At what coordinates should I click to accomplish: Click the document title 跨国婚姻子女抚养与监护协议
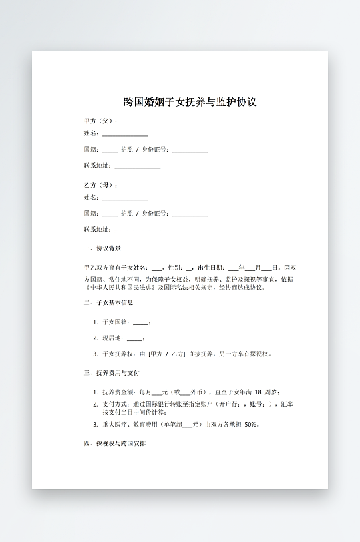coord(190,103)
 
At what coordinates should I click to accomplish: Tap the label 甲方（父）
coord(100,121)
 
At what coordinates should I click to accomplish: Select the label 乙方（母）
coord(100,185)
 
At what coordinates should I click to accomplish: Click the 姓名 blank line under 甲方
coord(125,135)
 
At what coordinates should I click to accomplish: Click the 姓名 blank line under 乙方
coord(125,199)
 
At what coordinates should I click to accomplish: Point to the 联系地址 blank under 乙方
coord(138,230)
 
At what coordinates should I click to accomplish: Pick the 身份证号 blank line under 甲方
coord(190,151)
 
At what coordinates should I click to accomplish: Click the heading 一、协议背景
coord(102,248)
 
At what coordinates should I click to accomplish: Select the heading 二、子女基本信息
coord(108,302)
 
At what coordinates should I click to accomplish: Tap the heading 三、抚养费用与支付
coord(111,372)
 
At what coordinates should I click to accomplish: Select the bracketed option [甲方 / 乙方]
coord(166,354)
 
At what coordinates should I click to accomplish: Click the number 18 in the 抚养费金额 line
coord(258,392)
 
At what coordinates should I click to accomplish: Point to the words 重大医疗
coord(116,425)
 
